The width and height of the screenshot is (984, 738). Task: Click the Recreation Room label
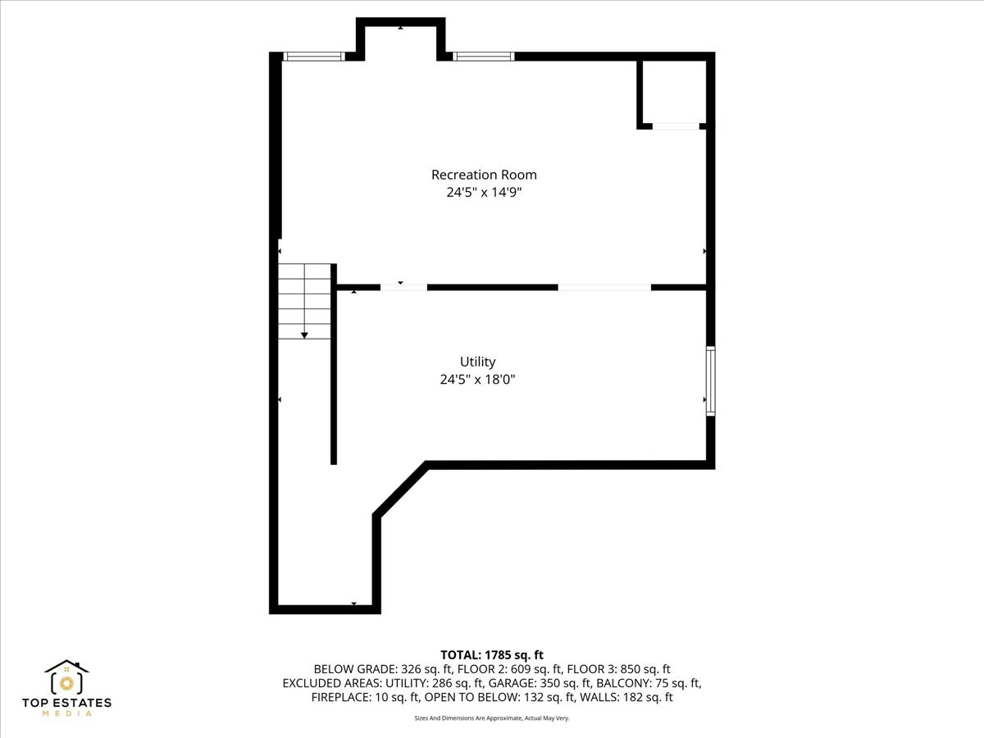click(x=484, y=175)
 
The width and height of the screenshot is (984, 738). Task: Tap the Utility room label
click(x=477, y=362)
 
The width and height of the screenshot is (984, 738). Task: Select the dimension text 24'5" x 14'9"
click(x=484, y=193)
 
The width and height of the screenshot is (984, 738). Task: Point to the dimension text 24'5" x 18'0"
click(x=477, y=380)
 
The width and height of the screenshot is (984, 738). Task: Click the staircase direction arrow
click(x=304, y=335)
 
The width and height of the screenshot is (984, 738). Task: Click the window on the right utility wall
click(x=710, y=381)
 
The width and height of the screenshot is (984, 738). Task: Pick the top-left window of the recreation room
click(x=313, y=57)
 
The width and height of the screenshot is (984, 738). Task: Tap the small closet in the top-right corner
click(x=672, y=91)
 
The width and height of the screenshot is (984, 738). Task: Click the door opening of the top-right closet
click(x=676, y=126)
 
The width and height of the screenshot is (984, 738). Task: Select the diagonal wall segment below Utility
click(x=401, y=490)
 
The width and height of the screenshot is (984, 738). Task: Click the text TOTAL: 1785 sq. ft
click(x=492, y=654)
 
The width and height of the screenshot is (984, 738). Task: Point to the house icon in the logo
click(x=66, y=676)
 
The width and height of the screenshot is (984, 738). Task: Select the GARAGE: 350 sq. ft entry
click(x=546, y=683)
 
